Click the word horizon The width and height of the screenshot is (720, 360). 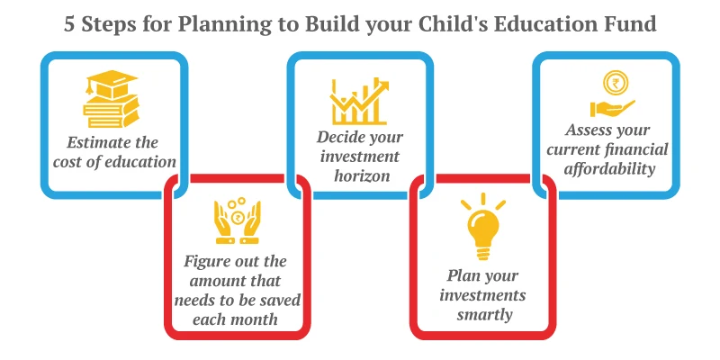(x=359, y=176)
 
